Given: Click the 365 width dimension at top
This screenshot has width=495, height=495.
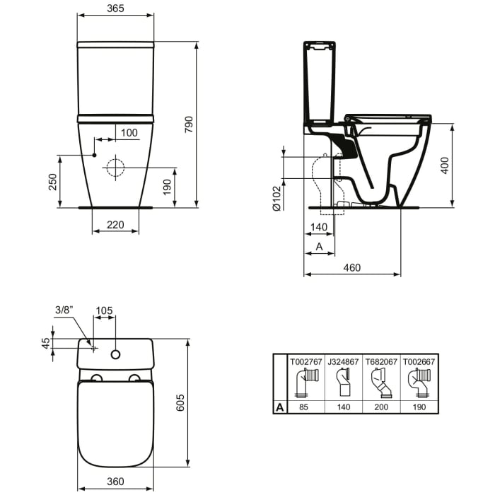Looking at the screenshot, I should click(115, 8).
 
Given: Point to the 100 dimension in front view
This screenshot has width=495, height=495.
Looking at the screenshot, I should click(129, 132).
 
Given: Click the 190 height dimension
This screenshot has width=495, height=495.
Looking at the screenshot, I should click(168, 187).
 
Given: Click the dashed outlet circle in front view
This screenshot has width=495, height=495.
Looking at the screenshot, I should click(115, 168).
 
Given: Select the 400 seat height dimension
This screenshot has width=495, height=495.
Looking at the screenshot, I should click(445, 165).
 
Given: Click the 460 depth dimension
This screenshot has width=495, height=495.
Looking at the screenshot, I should click(351, 267).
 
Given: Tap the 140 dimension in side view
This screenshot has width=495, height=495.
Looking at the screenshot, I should click(319, 226).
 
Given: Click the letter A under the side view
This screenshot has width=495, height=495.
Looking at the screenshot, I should click(318, 246).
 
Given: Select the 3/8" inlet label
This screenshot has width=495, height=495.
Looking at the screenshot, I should click(64, 309).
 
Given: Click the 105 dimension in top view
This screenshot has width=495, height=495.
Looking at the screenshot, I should click(105, 309).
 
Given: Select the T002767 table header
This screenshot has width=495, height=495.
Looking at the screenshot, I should click(305, 361).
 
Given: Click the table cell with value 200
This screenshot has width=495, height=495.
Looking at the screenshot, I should click(381, 407).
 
